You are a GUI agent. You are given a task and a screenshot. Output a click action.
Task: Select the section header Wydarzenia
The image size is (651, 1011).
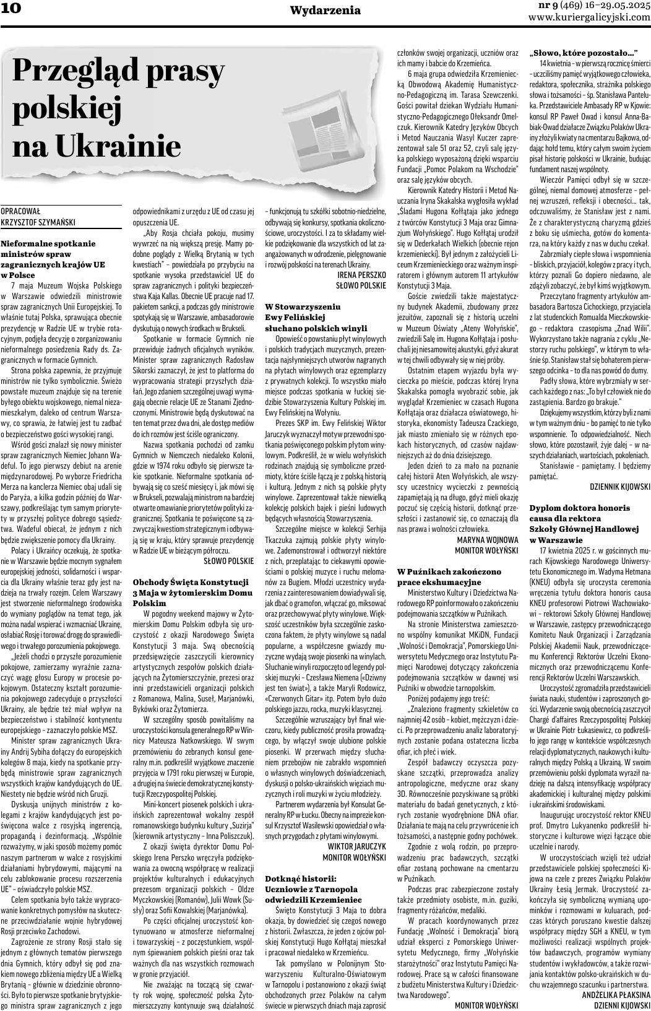[325, 10]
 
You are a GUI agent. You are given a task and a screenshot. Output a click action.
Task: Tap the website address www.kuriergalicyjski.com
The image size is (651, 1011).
[589, 17]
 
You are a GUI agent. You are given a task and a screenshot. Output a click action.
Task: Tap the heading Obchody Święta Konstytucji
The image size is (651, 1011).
[191, 583]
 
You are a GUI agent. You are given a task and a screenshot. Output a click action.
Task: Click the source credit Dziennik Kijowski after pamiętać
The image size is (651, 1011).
[619, 487]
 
